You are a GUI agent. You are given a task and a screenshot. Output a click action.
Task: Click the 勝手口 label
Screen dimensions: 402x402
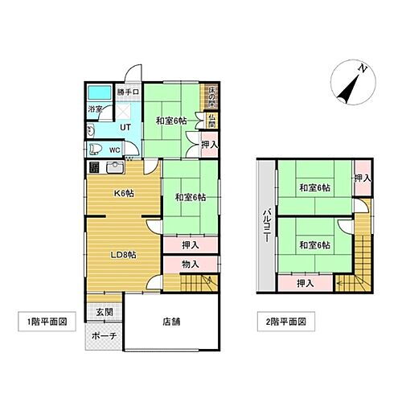tap(129, 92)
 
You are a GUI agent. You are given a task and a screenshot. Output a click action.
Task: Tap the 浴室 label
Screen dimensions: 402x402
tap(95, 111)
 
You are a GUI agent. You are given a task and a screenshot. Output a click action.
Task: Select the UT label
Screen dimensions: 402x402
tap(125, 127)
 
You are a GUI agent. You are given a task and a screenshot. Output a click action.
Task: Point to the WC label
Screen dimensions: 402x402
tap(114, 149)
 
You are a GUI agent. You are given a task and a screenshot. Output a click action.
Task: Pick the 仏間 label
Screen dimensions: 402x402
tap(211, 121)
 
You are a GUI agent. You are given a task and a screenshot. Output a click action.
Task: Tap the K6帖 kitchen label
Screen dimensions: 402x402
tap(123, 194)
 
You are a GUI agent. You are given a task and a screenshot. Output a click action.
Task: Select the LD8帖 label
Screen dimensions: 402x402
tap(123, 256)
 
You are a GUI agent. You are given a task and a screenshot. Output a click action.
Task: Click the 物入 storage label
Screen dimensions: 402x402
tap(191, 264)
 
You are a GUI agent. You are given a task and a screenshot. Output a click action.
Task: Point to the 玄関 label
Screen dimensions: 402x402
tap(105, 313)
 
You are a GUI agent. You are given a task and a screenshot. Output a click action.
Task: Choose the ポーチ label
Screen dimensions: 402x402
tap(105, 335)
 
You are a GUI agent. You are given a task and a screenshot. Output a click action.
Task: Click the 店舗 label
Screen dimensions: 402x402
tap(171, 322)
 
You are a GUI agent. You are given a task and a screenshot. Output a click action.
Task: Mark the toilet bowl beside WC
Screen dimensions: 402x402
tap(94, 149)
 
